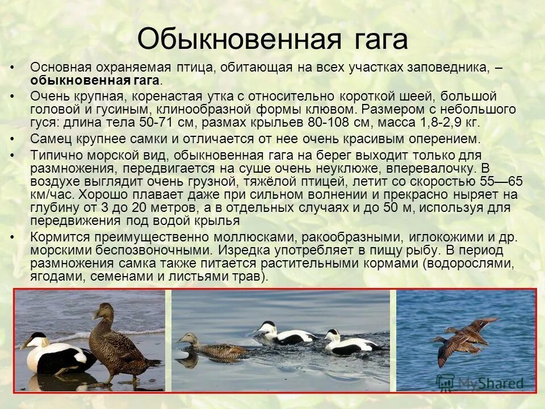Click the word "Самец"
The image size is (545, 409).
50,139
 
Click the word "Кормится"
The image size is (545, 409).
58,237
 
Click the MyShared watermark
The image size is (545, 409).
483,382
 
